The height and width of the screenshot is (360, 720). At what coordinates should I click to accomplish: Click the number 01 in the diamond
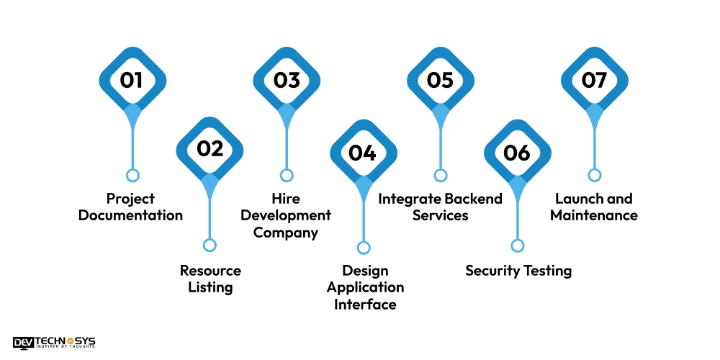(132, 80)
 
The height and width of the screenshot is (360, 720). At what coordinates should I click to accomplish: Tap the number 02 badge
(210, 149)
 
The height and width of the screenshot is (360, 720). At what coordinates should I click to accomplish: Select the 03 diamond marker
(287, 80)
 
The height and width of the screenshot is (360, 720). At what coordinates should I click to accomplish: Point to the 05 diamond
(440, 80)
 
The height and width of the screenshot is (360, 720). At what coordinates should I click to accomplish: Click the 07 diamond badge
(594, 80)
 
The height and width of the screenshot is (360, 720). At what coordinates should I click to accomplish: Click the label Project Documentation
(131, 207)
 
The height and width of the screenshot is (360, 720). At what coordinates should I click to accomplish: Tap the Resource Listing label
(210, 279)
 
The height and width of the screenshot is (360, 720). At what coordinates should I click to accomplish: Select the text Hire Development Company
(286, 215)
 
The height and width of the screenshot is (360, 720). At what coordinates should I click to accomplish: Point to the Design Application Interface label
(365, 287)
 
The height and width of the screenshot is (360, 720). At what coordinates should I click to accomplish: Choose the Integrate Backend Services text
(441, 207)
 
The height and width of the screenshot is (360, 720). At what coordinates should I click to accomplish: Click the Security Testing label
(518, 271)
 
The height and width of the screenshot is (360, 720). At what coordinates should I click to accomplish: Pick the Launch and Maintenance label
(594, 207)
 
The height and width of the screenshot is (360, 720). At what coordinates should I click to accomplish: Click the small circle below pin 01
(132, 175)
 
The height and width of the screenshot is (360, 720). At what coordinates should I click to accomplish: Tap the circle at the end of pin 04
(364, 248)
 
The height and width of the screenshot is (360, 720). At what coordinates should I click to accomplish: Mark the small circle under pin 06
(517, 246)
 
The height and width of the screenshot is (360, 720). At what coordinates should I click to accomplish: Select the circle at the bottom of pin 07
(594, 175)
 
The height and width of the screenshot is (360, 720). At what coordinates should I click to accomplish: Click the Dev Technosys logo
(54, 343)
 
